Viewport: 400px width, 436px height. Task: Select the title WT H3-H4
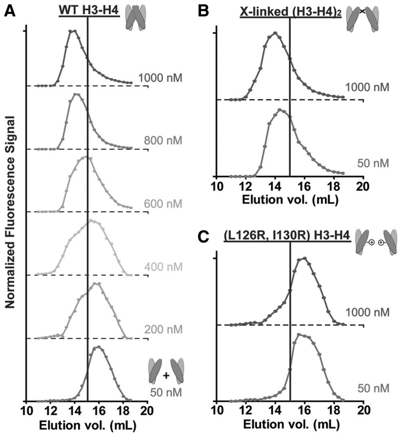[x=89, y=10]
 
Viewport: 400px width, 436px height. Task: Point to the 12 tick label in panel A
[x=50, y=411]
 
